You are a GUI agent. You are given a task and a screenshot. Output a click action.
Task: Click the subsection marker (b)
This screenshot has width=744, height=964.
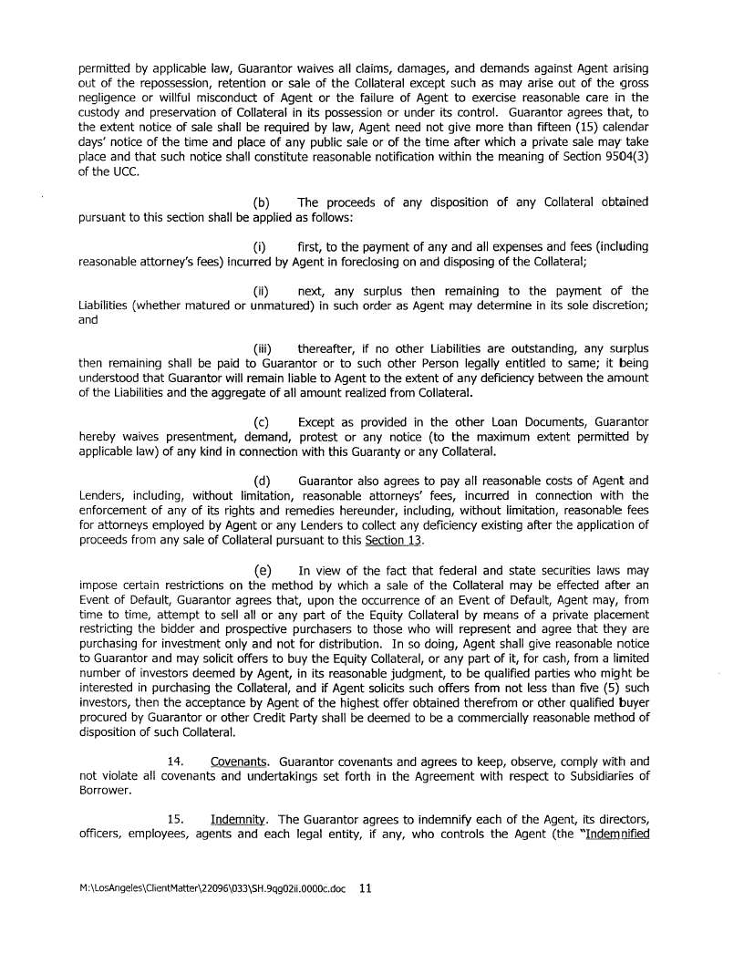pos(260,202)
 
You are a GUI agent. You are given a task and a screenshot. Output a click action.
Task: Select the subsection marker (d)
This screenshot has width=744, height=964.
pos(260,481)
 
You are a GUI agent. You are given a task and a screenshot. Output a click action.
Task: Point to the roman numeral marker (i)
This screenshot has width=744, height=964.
pos(259,247)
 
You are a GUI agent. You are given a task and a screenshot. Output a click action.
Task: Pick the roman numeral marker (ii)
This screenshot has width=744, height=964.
pos(260,291)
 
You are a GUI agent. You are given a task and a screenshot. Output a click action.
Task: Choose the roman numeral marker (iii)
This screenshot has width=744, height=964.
pos(261,349)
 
